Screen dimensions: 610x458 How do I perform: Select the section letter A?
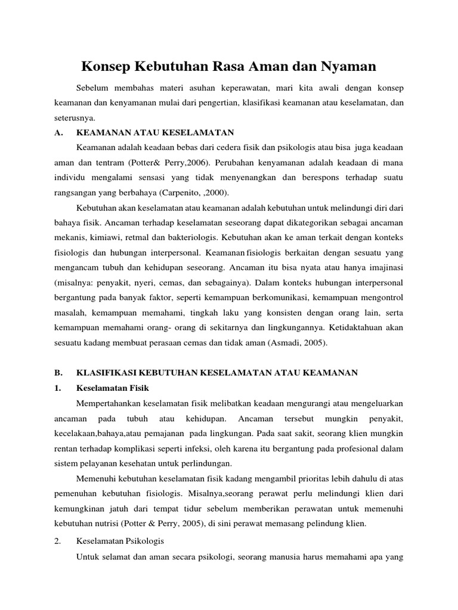58,132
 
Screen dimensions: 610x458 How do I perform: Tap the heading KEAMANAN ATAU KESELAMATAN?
156,132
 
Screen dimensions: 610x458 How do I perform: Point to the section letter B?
58,372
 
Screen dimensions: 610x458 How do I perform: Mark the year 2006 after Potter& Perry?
197,162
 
